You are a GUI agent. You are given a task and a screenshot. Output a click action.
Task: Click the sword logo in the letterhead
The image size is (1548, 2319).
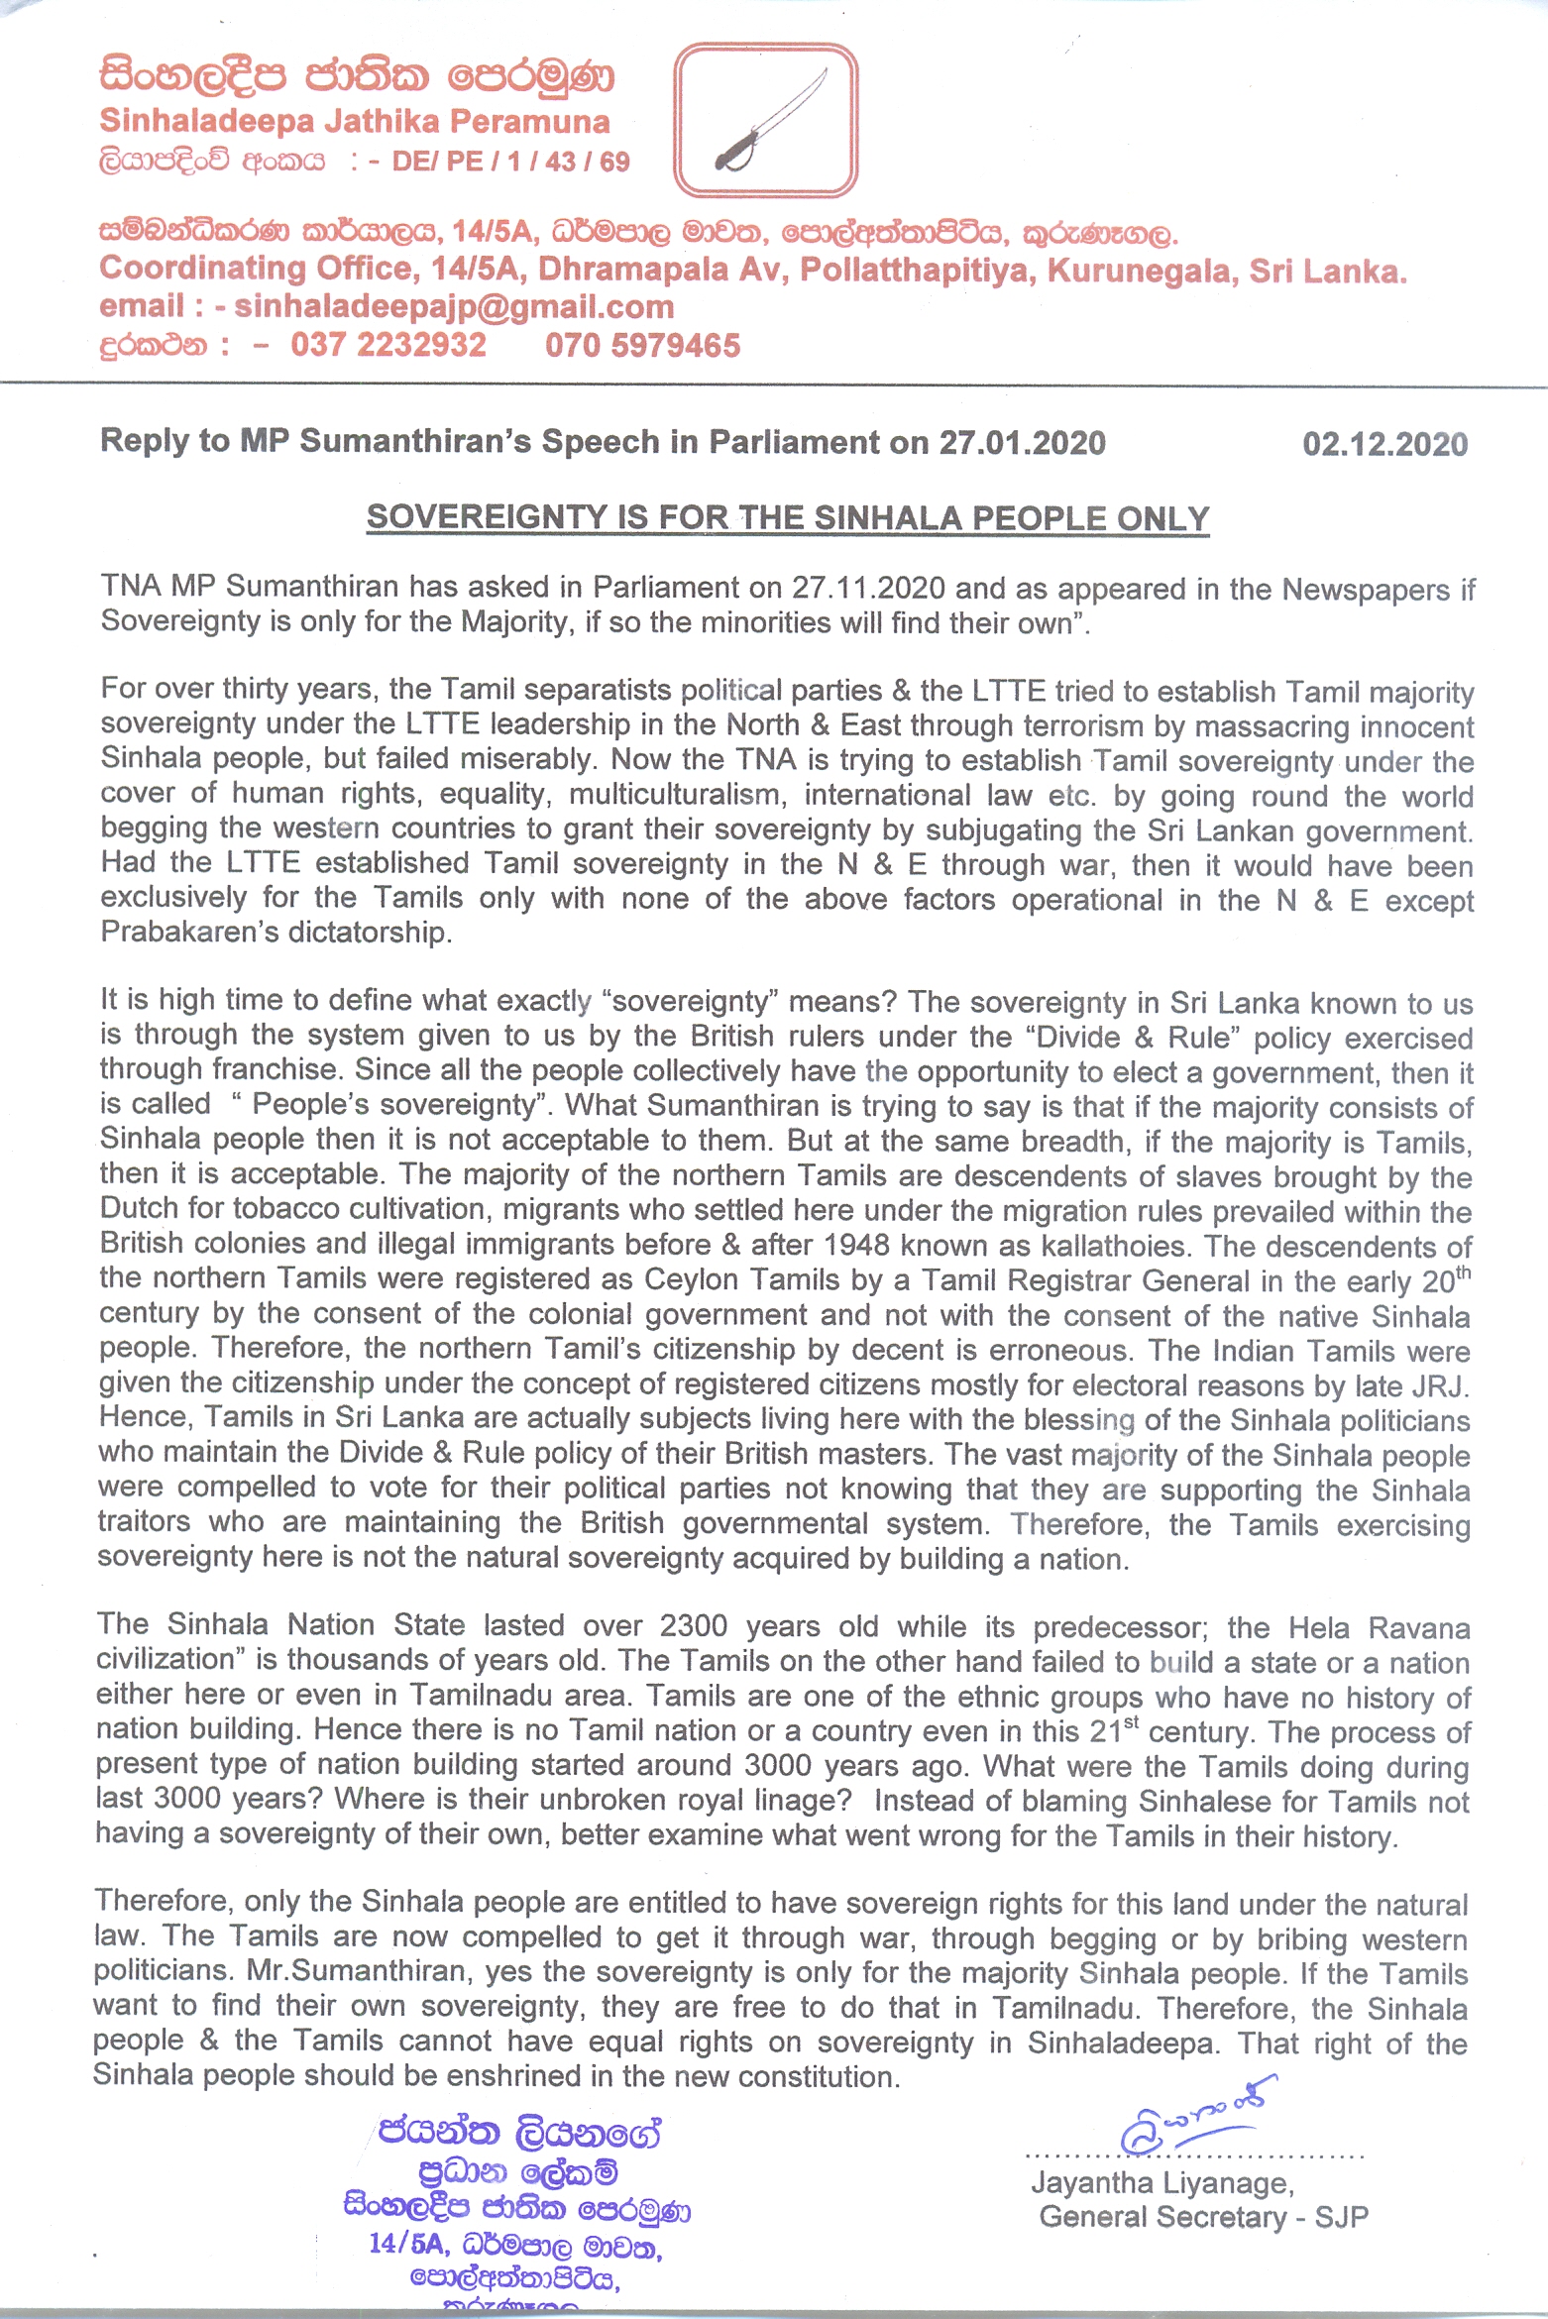pyautogui.click(x=765, y=120)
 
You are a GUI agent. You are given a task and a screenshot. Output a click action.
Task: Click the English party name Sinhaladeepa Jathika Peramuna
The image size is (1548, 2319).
pyautogui.click(x=355, y=122)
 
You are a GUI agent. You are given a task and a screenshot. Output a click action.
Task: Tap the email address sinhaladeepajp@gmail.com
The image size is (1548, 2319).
pyautogui.click(x=454, y=307)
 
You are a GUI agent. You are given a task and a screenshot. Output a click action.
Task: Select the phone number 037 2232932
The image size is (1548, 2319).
pyautogui.click(x=388, y=345)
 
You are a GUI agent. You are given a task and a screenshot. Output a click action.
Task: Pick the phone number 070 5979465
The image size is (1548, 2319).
pyautogui.click(x=642, y=345)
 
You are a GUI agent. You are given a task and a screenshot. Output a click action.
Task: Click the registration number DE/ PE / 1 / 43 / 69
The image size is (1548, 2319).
pyautogui.click(x=510, y=162)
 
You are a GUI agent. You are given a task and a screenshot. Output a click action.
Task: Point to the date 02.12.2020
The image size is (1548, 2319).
pyautogui.click(x=1384, y=444)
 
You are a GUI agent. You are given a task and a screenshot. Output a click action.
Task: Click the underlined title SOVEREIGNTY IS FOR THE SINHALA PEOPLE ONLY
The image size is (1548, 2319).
pyautogui.click(x=788, y=517)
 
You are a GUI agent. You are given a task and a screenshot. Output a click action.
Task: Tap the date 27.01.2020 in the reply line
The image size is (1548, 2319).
pyautogui.click(x=1022, y=442)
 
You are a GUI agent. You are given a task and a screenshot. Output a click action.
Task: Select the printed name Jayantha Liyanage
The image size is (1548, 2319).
pyautogui.click(x=1161, y=2183)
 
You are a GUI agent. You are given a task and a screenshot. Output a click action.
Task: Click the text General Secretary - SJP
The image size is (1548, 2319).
pyautogui.click(x=1203, y=2218)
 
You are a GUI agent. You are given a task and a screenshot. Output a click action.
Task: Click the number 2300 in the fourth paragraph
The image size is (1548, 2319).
pyautogui.click(x=693, y=1626)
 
